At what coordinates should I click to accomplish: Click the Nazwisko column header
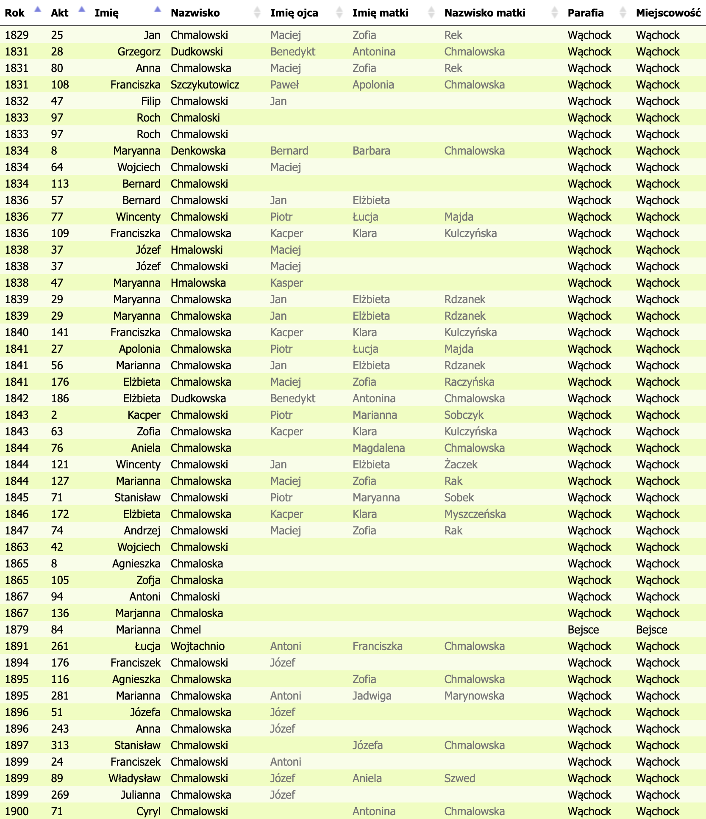(x=195, y=13)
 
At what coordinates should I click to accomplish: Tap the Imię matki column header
(x=380, y=13)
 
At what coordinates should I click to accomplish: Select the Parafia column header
(x=585, y=13)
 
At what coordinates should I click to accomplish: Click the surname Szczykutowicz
(x=205, y=85)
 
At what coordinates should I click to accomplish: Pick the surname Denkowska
(x=198, y=151)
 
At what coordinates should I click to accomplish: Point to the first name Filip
(x=150, y=101)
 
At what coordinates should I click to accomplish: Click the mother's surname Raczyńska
(x=469, y=382)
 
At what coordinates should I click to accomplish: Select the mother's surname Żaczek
(x=461, y=465)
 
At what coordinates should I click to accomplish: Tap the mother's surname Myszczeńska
(x=475, y=514)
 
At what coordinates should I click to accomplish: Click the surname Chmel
(x=186, y=630)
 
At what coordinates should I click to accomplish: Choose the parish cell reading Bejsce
(x=583, y=630)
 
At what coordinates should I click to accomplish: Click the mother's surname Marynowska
(x=474, y=696)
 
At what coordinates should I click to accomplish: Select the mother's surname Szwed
(x=459, y=778)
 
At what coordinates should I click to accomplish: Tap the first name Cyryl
(x=148, y=811)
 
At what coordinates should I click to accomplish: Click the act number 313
(x=60, y=745)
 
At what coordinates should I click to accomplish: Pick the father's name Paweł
(x=284, y=85)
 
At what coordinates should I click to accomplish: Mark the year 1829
(x=17, y=35)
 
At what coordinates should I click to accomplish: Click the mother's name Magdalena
(x=378, y=448)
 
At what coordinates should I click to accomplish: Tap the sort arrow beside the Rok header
(x=38, y=9)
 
